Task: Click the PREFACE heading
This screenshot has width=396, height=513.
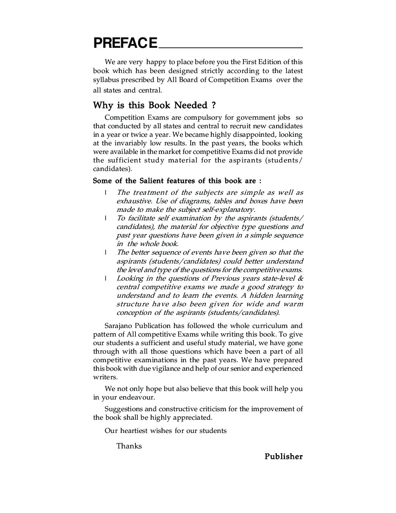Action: [125, 43]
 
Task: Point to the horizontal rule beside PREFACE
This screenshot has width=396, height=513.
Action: [230, 47]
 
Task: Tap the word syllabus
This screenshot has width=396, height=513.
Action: [106, 80]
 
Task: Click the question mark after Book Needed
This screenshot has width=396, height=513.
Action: [214, 106]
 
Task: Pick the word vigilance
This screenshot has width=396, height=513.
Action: [166, 368]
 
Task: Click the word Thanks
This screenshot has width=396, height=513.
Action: [129, 446]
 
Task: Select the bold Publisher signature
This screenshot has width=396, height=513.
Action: [283, 457]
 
